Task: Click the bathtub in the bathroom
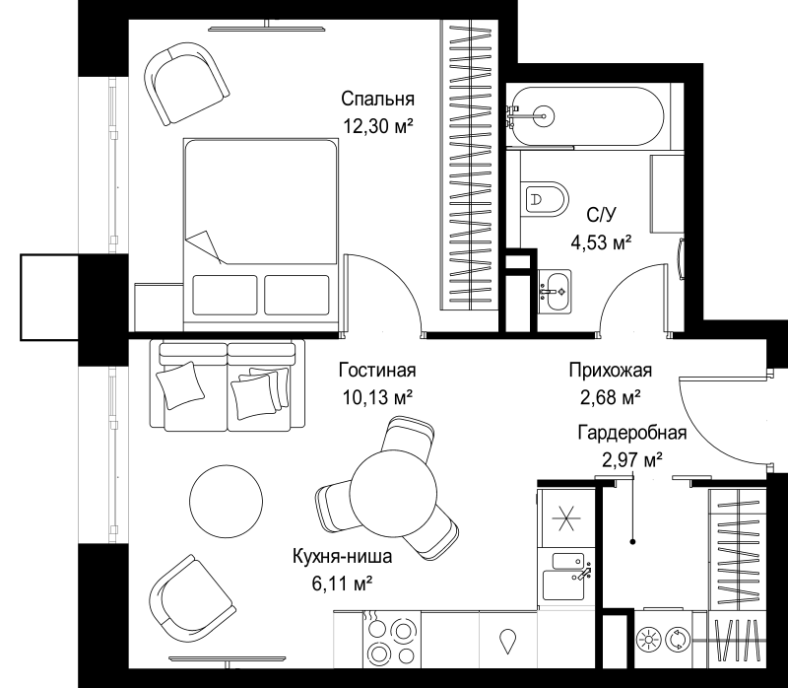pyautogui.click(x=584, y=116)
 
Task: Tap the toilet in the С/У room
pyautogui.click(x=545, y=199)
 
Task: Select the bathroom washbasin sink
pyautogui.click(x=555, y=291)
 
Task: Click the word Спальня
pyautogui.click(x=377, y=99)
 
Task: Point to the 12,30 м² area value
pyautogui.click(x=377, y=126)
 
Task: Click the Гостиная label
pyautogui.click(x=377, y=371)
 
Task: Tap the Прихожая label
pyautogui.click(x=610, y=371)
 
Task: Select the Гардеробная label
pyautogui.click(x=631, y=432)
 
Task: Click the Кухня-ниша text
pyautogui.click(x=342, y=556)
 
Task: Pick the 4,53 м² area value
pyautogui.click(x=601, y=242)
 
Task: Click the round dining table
pyautogui.click(x=393, y=494)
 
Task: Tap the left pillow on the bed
pyautogui.click(x=225, y=295)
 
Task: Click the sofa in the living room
pyautogui.click(x=228, y=384)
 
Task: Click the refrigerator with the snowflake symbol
pyautogui.click(x=566, y=518)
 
